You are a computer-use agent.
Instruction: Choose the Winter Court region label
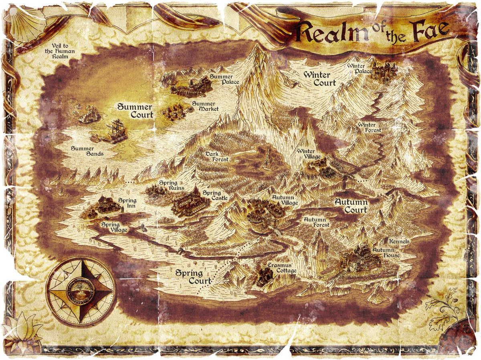[319, 79]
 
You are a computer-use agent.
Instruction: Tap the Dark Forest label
[217, 156]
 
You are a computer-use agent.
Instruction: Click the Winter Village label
[309, 154]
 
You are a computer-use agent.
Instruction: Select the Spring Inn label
[127, 203]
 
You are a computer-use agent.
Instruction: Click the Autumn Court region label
[351, 206]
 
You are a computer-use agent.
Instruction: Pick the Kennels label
[399, 242]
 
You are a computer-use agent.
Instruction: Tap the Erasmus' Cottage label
[282, 268]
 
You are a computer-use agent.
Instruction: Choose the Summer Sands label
[87, 151]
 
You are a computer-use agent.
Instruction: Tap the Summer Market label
[206, 106]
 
